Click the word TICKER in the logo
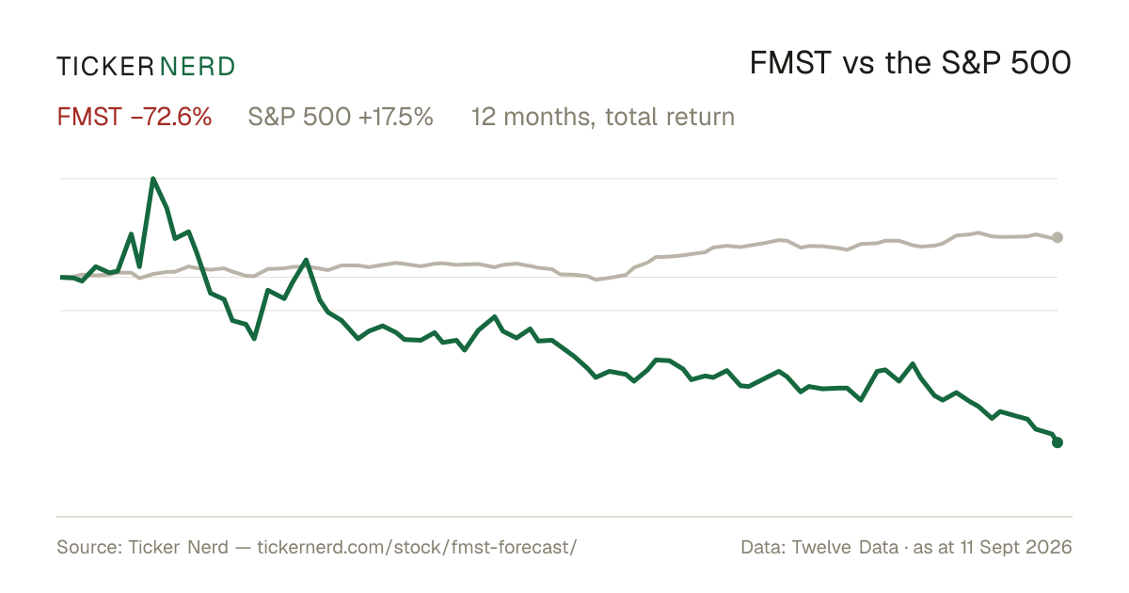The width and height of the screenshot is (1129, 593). [104, 67]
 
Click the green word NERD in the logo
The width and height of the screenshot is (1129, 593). [197, 67]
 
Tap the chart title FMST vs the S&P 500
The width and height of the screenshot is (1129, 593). [911, 64]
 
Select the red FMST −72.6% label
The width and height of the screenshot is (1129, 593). [134, 117]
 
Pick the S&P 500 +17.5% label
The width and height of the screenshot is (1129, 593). [341, 117]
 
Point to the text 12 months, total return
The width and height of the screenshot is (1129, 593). [603, 118]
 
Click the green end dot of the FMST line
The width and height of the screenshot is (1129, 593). [1057, 442]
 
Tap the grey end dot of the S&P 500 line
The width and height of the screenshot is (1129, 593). [1057, 237]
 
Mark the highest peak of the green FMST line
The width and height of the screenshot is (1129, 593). [152, 179]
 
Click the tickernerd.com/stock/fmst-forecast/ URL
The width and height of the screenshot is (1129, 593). [417, 547]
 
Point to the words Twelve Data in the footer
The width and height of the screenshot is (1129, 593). [845, 547]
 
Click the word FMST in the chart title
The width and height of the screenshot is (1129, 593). [790, 64]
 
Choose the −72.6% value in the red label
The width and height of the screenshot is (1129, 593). [171, 117]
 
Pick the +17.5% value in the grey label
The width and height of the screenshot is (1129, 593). [396, 117]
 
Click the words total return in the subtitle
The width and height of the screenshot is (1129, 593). [670, 117]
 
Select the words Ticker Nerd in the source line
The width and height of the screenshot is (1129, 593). [179, 547]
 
